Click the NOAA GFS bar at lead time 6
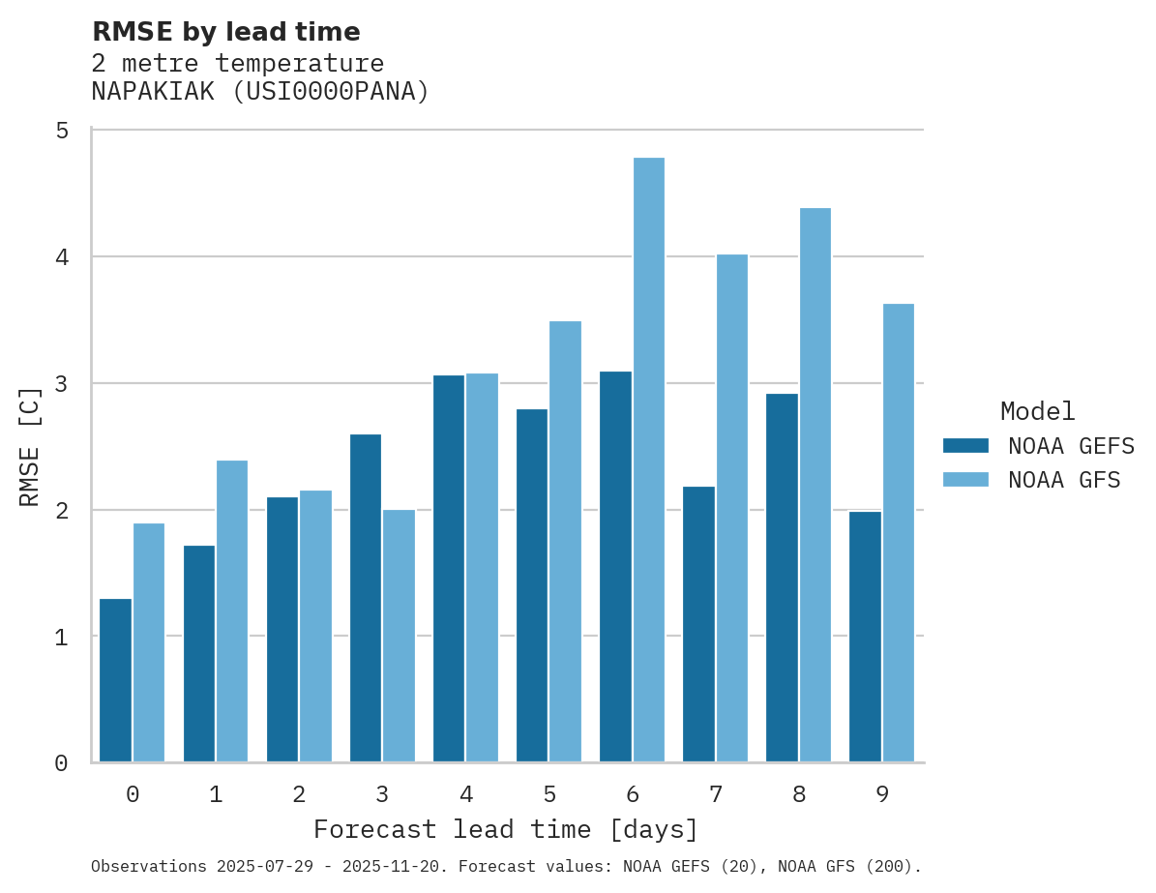click(x=648, y=460)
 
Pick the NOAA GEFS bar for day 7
click(x=698, y=624)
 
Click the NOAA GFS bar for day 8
click(x=815, y=485)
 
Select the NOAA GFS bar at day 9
click(x=898, y=533)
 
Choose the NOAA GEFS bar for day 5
click(x=532, y=585)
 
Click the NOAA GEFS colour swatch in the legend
click(x=965, y=446)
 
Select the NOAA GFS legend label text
click(x=1064, y=480)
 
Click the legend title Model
click(x=1037, y=411)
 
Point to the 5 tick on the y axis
click(x=62, y=131)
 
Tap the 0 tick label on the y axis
click(x=62, y=763)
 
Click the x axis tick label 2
click(x=299, y=794)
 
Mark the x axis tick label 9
click(x=882, y=794)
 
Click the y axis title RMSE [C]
click(x=30, y=446)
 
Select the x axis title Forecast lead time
click(x=505, y=830)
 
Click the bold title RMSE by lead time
click(x=225, y=32)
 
